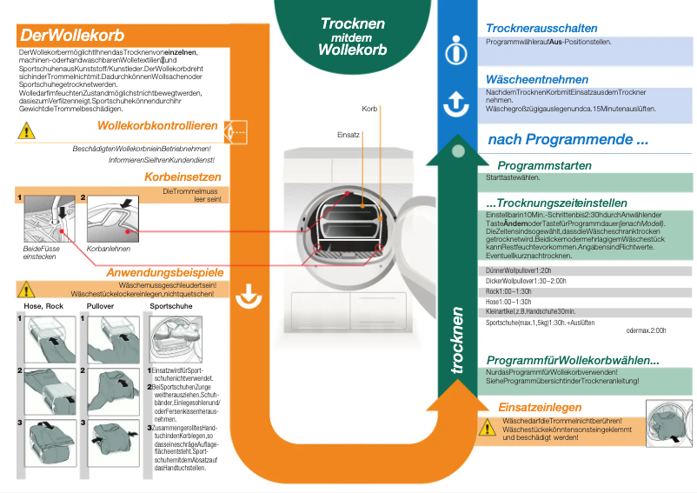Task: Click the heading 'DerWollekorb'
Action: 72,37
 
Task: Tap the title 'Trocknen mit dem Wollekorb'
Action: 352,37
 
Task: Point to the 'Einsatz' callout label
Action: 348,135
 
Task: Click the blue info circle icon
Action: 456,51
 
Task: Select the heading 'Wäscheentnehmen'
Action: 539,79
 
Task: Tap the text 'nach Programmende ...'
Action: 568,139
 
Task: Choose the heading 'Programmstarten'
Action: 544,165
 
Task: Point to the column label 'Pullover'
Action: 101,306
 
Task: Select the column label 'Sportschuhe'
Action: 171,306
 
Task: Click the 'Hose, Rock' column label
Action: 44,306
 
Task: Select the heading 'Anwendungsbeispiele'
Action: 164,273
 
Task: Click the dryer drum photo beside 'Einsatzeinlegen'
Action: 667,424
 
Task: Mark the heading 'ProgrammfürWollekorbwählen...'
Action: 573,361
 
